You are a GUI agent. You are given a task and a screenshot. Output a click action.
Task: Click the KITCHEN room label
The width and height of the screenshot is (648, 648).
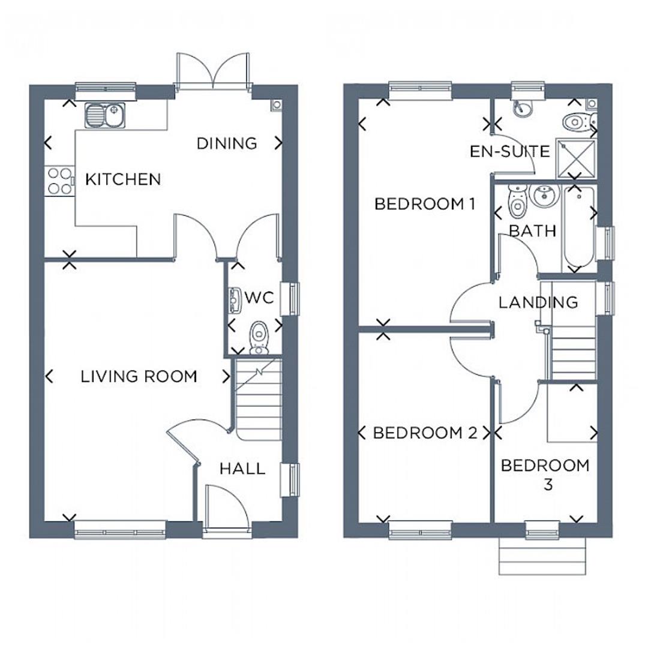tap(123, 179)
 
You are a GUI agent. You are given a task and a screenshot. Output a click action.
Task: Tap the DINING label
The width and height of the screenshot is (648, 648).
tap(227, 143)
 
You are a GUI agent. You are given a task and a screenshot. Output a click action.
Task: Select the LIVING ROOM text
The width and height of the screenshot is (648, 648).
tap(139, 377)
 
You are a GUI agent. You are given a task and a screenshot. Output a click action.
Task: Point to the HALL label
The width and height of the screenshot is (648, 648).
tap(242, 469)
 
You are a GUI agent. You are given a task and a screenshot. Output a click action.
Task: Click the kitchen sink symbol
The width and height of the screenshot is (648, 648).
tap(104, 115)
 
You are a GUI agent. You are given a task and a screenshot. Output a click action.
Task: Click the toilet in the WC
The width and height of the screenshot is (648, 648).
tap(259, 337)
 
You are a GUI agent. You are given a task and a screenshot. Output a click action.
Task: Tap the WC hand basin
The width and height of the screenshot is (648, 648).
tap(235, 301)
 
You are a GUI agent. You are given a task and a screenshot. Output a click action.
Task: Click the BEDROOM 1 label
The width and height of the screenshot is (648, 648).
tap(425, 204)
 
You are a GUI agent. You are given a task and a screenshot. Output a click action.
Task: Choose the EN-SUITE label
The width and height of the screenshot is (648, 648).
tap(509, 151)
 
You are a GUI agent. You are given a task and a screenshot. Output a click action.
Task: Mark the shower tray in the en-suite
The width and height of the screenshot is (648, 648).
tap(577, 158)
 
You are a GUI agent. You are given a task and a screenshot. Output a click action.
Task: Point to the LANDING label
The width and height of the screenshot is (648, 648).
tap(538, 302)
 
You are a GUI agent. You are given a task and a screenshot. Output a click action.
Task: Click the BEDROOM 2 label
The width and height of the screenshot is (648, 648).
tap(425, 433)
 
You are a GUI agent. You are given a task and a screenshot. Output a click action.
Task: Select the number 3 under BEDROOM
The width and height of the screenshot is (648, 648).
tap(547, 485)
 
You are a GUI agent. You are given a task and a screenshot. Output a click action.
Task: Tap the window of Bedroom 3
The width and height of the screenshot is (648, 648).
tap(542, 529)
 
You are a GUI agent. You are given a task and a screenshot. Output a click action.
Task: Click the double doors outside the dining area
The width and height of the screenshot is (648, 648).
tap(212, 73)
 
